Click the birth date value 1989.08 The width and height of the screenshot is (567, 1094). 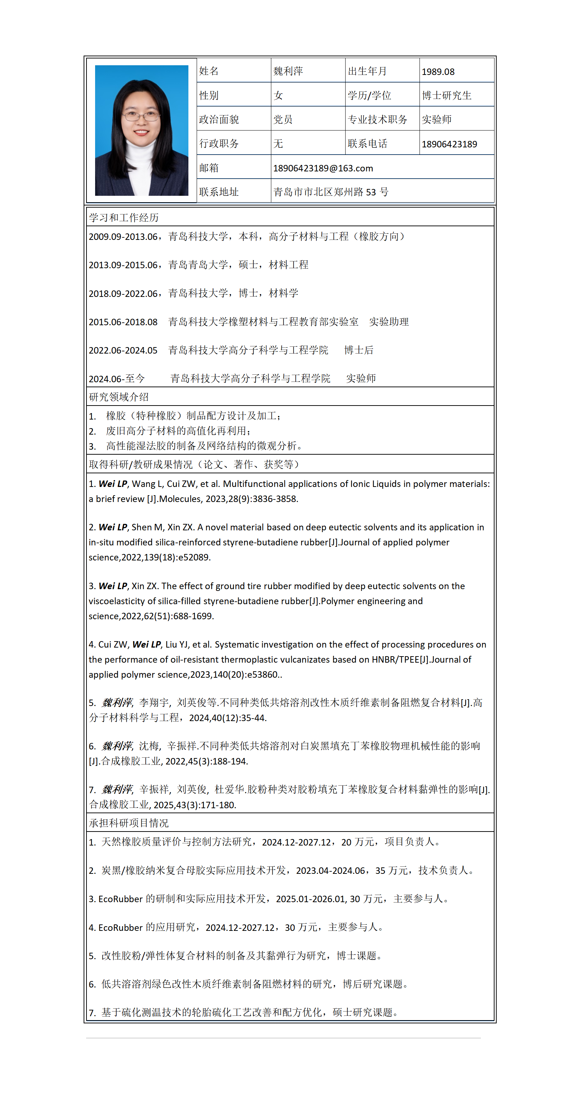tap(438, 72)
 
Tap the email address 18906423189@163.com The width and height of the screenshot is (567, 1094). tap(323, 169)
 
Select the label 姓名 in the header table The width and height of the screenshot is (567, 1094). tap(209, 71)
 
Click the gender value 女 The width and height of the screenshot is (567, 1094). tap(278, 95)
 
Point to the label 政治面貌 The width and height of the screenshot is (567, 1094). tap(219, 120)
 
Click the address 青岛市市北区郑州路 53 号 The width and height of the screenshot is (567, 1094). tap(331, 193)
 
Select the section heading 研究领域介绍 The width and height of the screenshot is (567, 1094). tap(118, 397)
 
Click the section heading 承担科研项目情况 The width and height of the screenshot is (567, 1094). tap(129, 823)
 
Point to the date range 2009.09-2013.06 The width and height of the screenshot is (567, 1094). tap(123, 237)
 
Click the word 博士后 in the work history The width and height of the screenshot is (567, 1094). tap(359, 350)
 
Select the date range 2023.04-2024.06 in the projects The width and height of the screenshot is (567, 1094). tap(330, 871)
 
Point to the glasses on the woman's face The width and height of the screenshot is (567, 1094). tap(141, 115)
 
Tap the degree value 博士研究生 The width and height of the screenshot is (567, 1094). tap(446, 95)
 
